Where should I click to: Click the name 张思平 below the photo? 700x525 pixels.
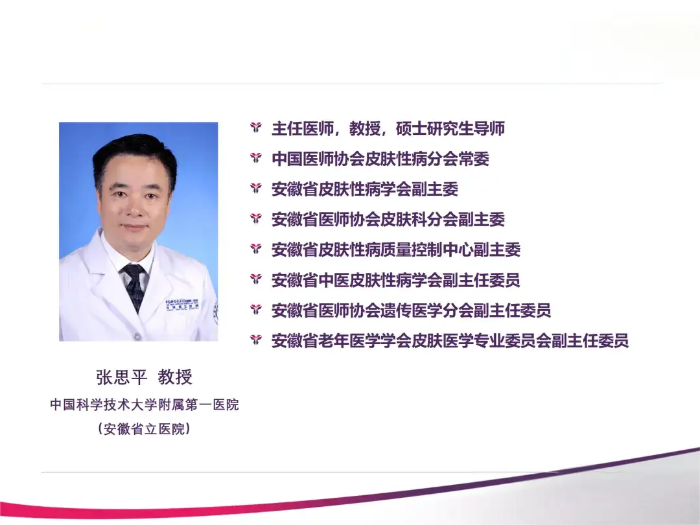[121, 377]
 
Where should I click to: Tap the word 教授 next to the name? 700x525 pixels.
[175, 377]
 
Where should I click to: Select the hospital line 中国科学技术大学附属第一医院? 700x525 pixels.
[145, 404]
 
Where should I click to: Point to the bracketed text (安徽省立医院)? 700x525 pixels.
[145, 429]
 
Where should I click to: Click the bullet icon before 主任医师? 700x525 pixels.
[256, 128]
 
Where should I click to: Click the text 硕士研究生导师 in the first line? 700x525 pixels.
[450, 128]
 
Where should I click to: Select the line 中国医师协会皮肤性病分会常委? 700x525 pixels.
[380, 159]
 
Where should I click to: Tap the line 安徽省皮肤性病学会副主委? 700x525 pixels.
[365, 189]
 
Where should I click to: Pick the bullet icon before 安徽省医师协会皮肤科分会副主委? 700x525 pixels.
[256, 219]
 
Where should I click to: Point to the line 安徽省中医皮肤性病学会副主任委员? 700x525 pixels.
[396, 280]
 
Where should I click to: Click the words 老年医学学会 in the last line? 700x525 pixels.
[365, 341]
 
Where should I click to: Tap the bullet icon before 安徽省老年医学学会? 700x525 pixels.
[256, 340]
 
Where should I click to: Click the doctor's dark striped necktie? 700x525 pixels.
[134, 286]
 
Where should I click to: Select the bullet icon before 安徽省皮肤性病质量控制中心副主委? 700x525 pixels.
[256, 249]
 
